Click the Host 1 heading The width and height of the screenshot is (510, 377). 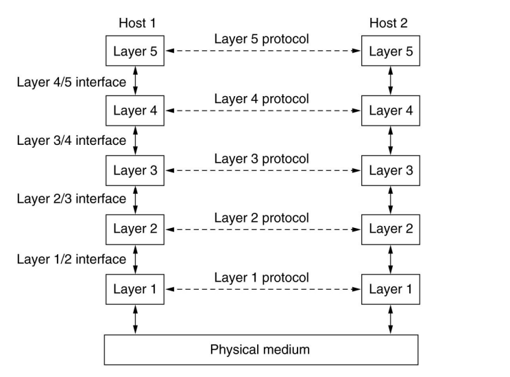click(137, 23)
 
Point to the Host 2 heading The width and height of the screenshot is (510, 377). click(389, 23)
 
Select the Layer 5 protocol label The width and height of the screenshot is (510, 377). click(261, 39)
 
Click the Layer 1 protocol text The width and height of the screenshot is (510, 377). click(261, 277)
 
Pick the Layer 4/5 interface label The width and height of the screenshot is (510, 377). click(71, 82)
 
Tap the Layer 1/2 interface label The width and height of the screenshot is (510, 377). click(71, 260)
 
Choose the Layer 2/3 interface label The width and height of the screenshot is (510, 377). click(71, 198)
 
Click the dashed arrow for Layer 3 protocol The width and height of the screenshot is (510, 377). click(263, 170)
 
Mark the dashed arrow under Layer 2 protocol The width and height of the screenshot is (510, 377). click(263, 230)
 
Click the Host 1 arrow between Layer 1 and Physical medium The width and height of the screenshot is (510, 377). click(135, 319)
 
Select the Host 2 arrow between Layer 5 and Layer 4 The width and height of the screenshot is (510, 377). click(391, 80)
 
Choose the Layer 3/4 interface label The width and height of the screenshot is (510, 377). click(71, 141)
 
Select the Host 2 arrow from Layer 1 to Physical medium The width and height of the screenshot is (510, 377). click(391, 319)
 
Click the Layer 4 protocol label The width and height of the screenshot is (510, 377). click(261, 99)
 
